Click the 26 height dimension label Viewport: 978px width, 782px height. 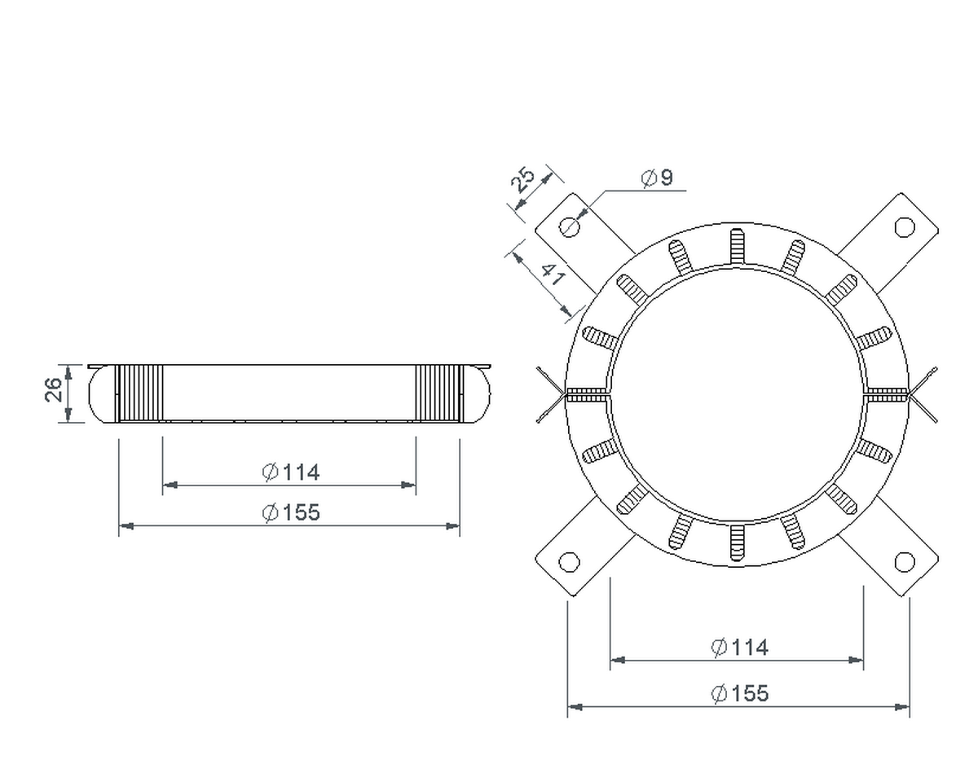(x=54, y=389)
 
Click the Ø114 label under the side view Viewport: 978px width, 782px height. (x=291, y=472)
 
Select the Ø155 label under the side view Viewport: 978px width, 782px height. (x=291, y=512)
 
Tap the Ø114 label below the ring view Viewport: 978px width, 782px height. (x=739, y=647)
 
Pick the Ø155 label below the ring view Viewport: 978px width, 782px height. (x=739, y=693)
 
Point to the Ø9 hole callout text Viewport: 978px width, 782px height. (x=657, y=178)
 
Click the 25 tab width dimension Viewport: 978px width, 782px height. (x=523, y=179)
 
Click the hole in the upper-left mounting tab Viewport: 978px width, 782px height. (x=569, y=226)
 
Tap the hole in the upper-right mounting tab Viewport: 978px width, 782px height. (x=905, y=226)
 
